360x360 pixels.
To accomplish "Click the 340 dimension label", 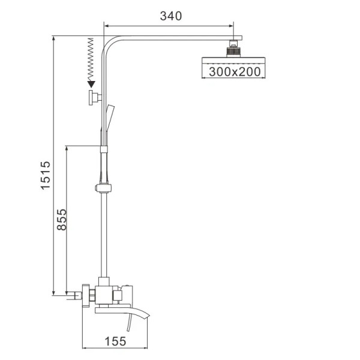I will pos(170,16).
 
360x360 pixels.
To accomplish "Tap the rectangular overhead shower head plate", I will pos(230,59).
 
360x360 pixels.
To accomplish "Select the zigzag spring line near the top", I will pos(91,60).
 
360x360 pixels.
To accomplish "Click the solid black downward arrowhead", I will pos(91,85).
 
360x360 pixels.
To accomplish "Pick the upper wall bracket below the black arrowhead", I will pos(94,99).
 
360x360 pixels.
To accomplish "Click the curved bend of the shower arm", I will pos(107,46).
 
